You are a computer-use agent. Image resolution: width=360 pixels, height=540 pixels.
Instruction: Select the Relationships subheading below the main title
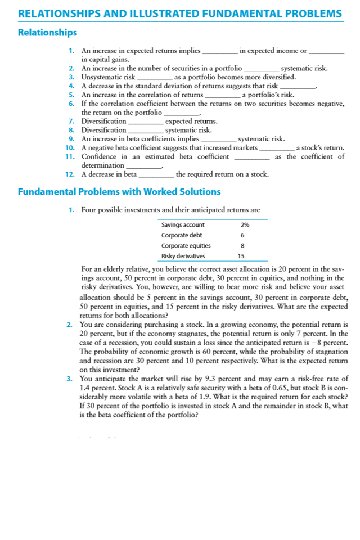point(48,33)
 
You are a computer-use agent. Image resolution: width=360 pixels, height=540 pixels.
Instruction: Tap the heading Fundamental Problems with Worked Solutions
point(119,192)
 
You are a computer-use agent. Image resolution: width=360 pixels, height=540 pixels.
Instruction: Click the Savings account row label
point(183,225)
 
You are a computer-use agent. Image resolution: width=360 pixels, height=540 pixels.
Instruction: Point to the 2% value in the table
point(245,225)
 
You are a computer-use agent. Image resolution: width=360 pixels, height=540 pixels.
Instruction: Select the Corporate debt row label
point(182,235)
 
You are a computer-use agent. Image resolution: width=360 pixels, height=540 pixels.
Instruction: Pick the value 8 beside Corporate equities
point(242,246)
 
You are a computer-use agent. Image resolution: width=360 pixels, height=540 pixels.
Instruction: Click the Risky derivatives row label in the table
point(183,256)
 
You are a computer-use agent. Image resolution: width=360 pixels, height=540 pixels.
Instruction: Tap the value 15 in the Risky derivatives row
point(242,256)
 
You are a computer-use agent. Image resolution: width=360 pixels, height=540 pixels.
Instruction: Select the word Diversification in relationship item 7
point(103,121)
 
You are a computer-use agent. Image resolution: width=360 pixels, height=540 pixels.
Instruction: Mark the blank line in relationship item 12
point(156,174)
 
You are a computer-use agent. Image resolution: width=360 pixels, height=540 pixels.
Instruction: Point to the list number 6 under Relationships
point(71,103)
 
